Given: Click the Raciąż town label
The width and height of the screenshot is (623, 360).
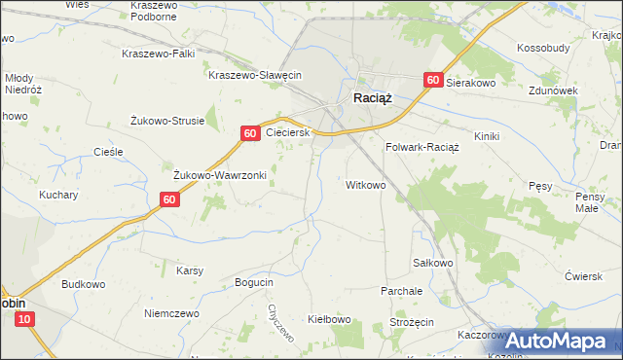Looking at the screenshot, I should click(x=372, y=97).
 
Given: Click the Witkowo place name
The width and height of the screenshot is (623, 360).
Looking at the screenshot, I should click(x=367, y=184).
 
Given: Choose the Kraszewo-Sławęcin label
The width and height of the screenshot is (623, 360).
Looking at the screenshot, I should click(x=257, y=75).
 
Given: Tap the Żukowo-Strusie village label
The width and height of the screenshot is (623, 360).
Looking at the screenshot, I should click(x=167, y=121).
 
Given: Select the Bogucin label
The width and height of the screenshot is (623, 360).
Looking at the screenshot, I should click(x=254, y=282).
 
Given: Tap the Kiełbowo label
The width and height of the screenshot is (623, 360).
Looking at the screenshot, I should click(x=329, y=318).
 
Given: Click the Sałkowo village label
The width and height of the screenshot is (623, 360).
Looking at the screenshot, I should click(x=433, y=263).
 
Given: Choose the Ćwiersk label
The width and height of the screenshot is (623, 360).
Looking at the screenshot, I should click(x=584, y=275).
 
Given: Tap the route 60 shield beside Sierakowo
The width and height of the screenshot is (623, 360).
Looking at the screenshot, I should click(x=433, y=83).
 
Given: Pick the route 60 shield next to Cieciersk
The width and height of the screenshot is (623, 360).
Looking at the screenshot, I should click(x=251, y=132).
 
